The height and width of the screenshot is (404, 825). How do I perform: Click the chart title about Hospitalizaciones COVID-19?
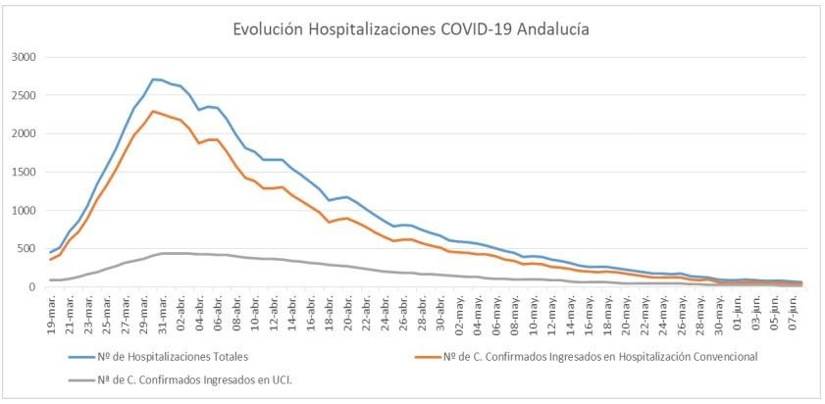[x=411, y=29]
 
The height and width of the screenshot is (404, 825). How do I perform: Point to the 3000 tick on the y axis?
[x=23, y=57]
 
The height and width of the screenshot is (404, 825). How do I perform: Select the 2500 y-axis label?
[x=23, y=95]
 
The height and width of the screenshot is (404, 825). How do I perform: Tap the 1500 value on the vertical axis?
[x=23, y=172]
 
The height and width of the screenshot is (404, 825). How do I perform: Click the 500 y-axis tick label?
[x=26, y=248]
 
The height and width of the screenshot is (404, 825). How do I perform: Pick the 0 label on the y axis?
[x=32, y=286]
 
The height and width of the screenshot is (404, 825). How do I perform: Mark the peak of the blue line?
[x=154, y=78]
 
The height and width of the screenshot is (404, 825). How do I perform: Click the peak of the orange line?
[x=154, y=111]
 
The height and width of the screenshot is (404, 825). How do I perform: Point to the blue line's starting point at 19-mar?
[x=51, y=252]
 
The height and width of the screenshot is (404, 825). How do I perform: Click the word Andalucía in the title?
[x=552, y=29]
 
